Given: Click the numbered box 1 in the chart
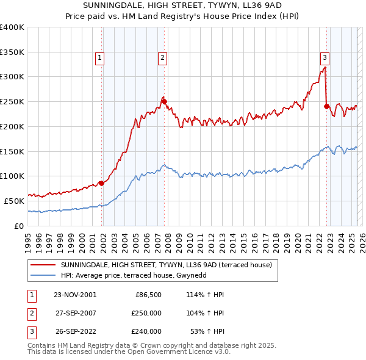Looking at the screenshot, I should click(99, 58).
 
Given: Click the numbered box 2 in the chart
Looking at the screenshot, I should click(163, 58).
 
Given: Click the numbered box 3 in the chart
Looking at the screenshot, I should click(325, 58).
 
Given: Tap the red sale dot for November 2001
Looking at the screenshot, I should click(101, 182).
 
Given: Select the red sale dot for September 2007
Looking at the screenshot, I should click(164, 101).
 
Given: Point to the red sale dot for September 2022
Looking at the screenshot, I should click(326, 106).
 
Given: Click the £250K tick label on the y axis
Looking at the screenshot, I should click(12, 101).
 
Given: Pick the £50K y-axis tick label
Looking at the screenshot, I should click(14, 201).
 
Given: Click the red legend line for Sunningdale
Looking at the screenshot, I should click(42, 265).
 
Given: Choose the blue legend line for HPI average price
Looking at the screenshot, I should click(42, 275).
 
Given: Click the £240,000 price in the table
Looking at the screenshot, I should click(146, 332).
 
